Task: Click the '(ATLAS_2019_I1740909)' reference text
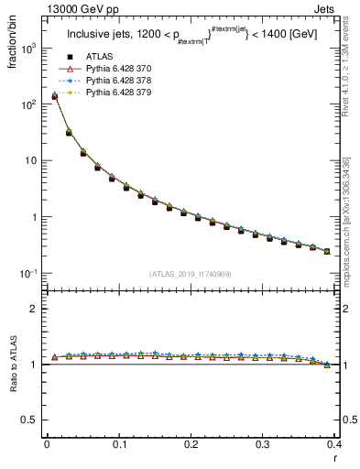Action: (x=190, y=273)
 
